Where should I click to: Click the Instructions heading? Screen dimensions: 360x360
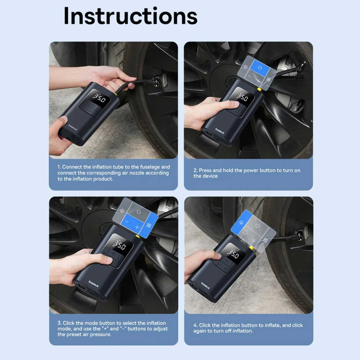pyautogui.click(x=130, y=16)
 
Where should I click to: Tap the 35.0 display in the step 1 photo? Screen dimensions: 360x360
pyautogui.click(x=99, y=98)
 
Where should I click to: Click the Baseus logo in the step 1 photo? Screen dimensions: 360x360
pyautogui.click(x=73, y=127)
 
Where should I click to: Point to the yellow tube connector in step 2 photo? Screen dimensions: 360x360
pyautogui.click(x=259, y=89)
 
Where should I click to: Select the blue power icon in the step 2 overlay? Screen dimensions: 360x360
pyautogui.click(x=260, y=67)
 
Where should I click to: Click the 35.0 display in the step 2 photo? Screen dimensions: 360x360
pyautogui.click(x=242, y=97)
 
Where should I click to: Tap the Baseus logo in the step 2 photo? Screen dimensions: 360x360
pyautogui.click(x=220, y=131)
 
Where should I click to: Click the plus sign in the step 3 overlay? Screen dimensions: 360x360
pyautogui.click(x=137, y=227)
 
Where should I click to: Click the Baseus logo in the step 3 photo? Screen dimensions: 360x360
pyautogui.click(x=94, y=284)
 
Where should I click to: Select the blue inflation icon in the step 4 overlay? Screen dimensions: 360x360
pyautogui.click(x=242, y=222)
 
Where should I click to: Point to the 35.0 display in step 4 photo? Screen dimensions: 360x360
pyautogui.click(x=233, y=253)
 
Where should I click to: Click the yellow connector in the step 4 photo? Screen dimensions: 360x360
pyautogui.click(x=252, y=247)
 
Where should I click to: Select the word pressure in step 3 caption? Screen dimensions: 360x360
pyautogui.click(x=100, y=334)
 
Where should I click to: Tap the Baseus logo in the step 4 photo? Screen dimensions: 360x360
pyautogui.click(x=205, y=286)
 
